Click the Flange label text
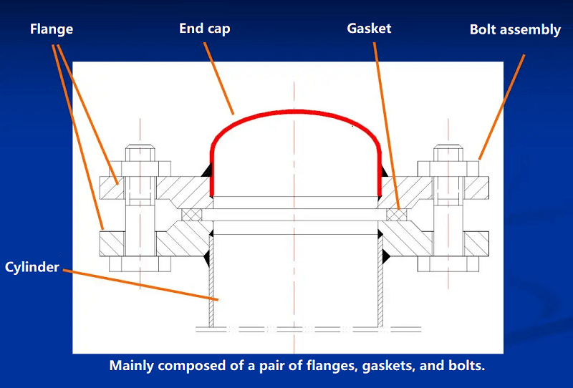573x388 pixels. click(x=51, y=29)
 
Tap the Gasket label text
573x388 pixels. click(x=369, y=29)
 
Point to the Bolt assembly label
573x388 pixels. click(x=514, y=29)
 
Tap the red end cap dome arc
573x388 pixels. click(x=294, y=113)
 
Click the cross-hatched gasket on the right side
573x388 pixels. click(x=396, y=214)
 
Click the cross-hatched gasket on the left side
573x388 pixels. click(x=191, y=214)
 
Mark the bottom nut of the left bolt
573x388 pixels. click(x=140, y=263)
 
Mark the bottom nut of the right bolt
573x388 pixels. click(x=448, y=263)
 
